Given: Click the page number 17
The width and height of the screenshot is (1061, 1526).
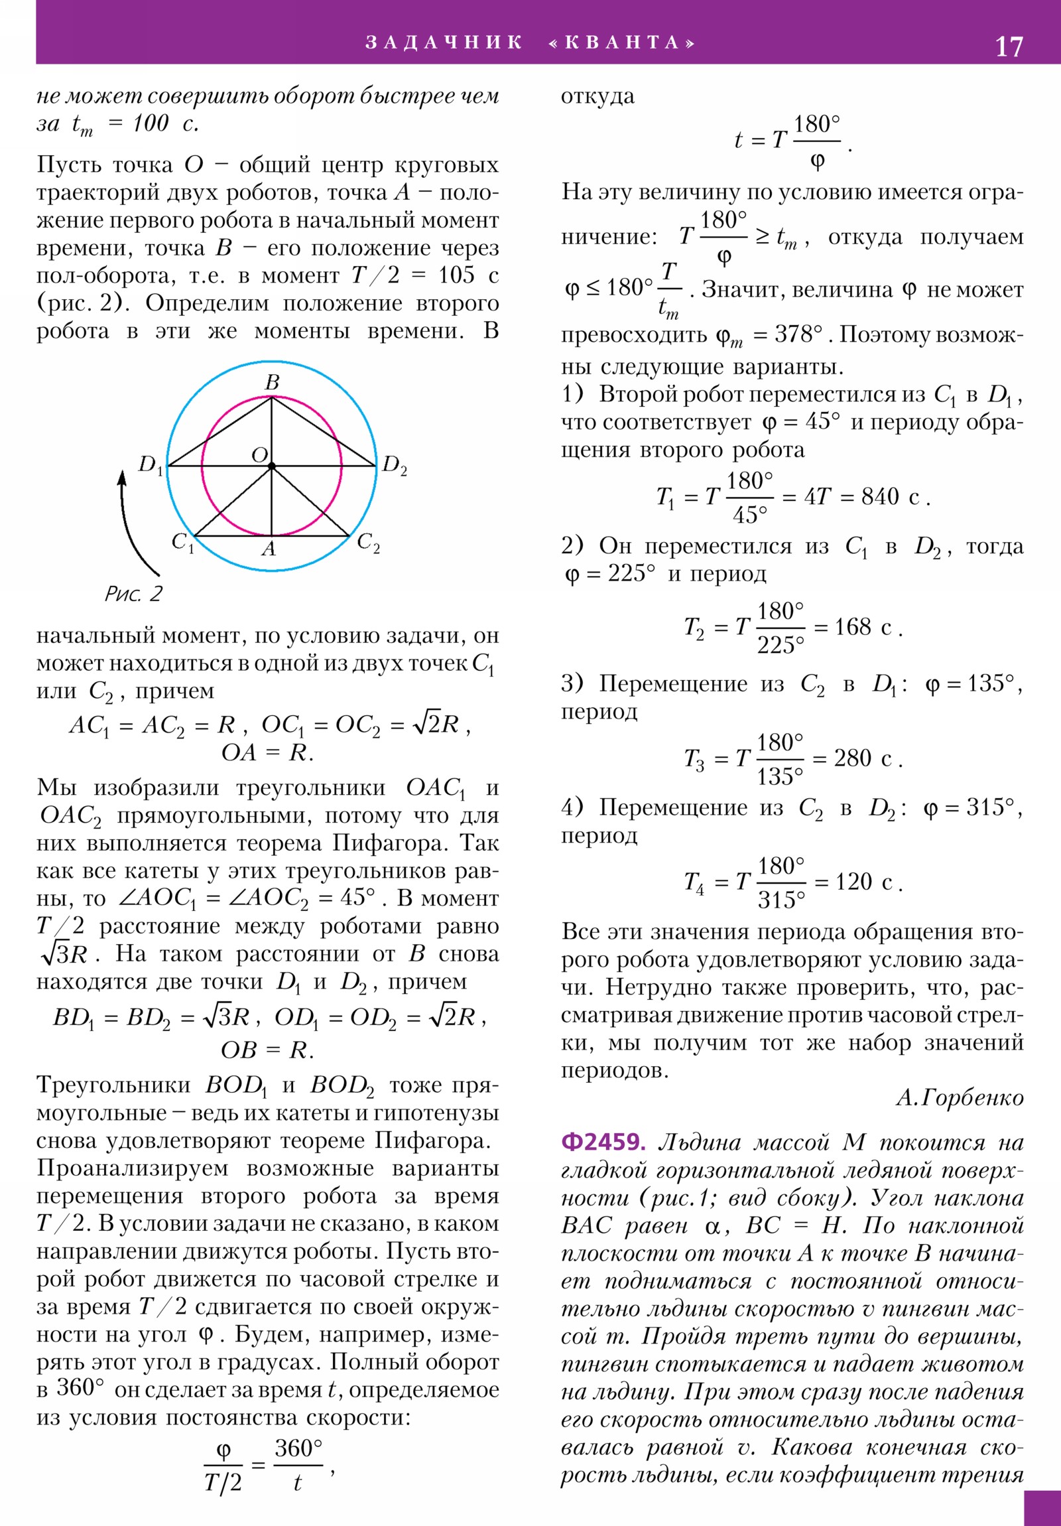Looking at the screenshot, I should coord(1009,46).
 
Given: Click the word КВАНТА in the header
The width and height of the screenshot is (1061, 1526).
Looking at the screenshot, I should coord(623,42).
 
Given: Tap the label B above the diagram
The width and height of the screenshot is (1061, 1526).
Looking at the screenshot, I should coord(272,382).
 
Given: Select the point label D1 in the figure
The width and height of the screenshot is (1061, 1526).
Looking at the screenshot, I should coord(149,464).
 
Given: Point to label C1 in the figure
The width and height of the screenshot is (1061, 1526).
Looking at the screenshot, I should coord(182,542).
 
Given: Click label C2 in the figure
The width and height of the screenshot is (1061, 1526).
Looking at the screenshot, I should coord(368,542).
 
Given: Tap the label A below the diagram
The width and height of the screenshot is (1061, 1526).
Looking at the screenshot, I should coord(269,548).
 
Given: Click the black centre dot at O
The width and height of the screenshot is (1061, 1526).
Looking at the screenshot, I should coord(272,466).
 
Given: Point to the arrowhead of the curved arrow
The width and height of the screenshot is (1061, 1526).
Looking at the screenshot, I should coord(122,477).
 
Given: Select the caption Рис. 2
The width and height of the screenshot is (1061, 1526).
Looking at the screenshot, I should coord(133,594).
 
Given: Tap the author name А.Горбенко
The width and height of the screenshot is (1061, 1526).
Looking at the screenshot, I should coord(960,1098).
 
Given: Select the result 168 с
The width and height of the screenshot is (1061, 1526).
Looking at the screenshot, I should coord(862,627).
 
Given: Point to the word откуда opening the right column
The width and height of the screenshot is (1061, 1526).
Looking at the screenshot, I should coord(597,96).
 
